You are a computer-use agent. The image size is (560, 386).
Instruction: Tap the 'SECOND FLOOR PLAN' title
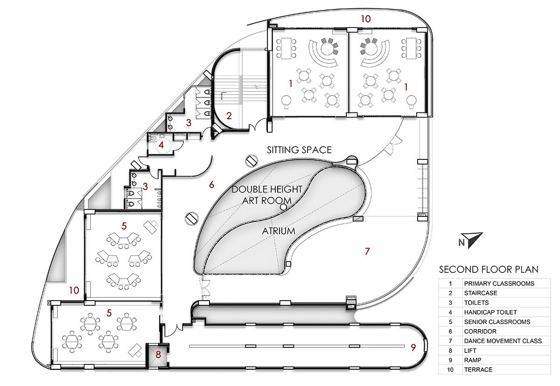pos(489,269)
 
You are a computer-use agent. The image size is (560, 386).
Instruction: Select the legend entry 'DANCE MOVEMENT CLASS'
pos(503,341)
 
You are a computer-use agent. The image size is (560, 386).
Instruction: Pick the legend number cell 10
pos(450,370)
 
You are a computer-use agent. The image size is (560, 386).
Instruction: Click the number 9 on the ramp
pos(413,347)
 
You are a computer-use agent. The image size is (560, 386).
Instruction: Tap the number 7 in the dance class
pos(367,251)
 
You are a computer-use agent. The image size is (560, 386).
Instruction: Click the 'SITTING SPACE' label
pos(299,150)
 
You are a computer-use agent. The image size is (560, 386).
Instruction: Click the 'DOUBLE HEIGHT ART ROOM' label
pos(267,194)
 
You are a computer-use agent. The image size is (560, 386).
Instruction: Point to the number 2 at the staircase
pos(229,116)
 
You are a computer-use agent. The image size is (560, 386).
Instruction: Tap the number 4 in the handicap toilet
pos(161,145)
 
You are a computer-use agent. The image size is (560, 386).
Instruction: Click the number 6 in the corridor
pos(211,185)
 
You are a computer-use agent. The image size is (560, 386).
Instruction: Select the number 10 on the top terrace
pos(366,19)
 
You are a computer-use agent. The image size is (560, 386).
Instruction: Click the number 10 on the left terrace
pos(74,290)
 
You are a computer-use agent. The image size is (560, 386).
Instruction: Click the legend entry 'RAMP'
pos(473,360)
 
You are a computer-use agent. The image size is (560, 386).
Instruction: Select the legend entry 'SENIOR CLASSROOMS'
pos(497,322)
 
